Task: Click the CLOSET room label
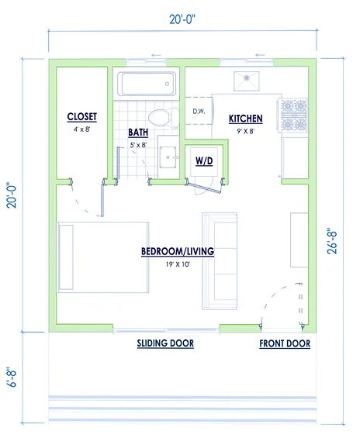pos(82,117)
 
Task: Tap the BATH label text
pos(138,133)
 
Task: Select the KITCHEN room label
pos(246,119)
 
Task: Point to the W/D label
pos(204,161)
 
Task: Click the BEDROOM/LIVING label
pos(178,251)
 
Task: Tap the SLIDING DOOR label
pos(165,343)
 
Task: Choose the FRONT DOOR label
pos(285,343)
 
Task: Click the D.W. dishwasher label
pos(199,112)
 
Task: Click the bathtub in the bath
pos(147,84)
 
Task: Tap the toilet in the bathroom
pos(164,118)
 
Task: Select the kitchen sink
pos(247,81)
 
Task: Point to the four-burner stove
pos(293,116)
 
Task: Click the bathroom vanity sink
pos(168,157)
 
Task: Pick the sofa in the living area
pos(220,261)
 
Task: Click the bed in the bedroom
pos(103,257)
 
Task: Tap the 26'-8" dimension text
pos(332,243)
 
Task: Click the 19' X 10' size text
pos(178,264)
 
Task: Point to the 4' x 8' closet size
pos(82,129)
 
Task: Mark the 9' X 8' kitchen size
pos(246,131)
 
